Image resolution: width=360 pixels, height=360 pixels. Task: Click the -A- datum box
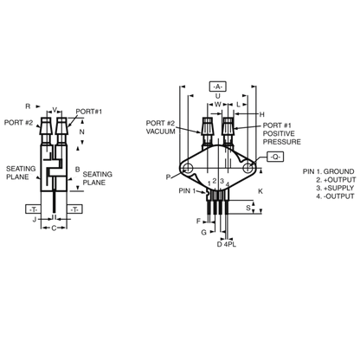pyautogui.click(x=218, y=87)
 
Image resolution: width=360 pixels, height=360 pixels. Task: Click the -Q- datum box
pyautogui.click(x=275, y=157)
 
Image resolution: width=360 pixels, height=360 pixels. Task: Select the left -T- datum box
pyautogui.click(x=33, y=209)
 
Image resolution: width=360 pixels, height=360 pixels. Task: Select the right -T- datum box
pyautogui.click(x=74, y=209)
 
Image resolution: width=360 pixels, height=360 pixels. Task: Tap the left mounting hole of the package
pyautogui.click(x=188, y=168)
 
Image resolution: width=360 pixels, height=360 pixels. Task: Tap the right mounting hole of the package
pyautogui.click(x=247, y=168)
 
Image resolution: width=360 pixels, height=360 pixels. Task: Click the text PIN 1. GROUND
pyautogui.click(x=328, y=171)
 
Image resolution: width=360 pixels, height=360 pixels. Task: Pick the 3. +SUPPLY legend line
pyautogui.click(x=335, y=188)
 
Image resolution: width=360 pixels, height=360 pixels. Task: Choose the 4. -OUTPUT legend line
pyautogui.click(x=335, y=196)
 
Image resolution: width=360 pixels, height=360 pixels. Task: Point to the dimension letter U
pyautogui.click(x=218, y=96)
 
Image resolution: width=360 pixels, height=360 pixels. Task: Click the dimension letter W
pyautogui.click(x=218, y=104)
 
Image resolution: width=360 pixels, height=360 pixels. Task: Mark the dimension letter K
pyautogui.click(x=260, y=191)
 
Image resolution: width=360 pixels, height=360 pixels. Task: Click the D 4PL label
pyautogui.click(x=227, y=244)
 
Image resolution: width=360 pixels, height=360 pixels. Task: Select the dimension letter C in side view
pyautogui.click(x=54, y=228)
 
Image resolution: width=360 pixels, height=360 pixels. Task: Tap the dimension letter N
pyautogui.click(x=82, y=132)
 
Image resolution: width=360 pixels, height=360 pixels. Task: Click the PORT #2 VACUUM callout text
pyautogui.click(x=160, y=127)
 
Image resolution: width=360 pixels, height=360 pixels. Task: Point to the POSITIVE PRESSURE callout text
pyautogui.click(x=282, y=138)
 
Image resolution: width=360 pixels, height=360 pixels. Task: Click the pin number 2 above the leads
pyautogui.click(x=215, y=181)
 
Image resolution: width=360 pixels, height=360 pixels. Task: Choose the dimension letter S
pyautogui.click(x=248, y=208)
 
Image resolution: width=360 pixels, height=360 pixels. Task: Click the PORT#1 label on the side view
pyautogui.click(x=89, y=112)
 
